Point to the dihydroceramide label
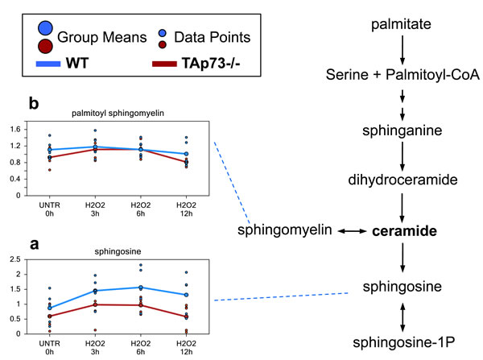(x=400, y=180)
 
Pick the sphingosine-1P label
(x=400, y=341)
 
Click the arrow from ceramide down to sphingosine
(x=400, y=258)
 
